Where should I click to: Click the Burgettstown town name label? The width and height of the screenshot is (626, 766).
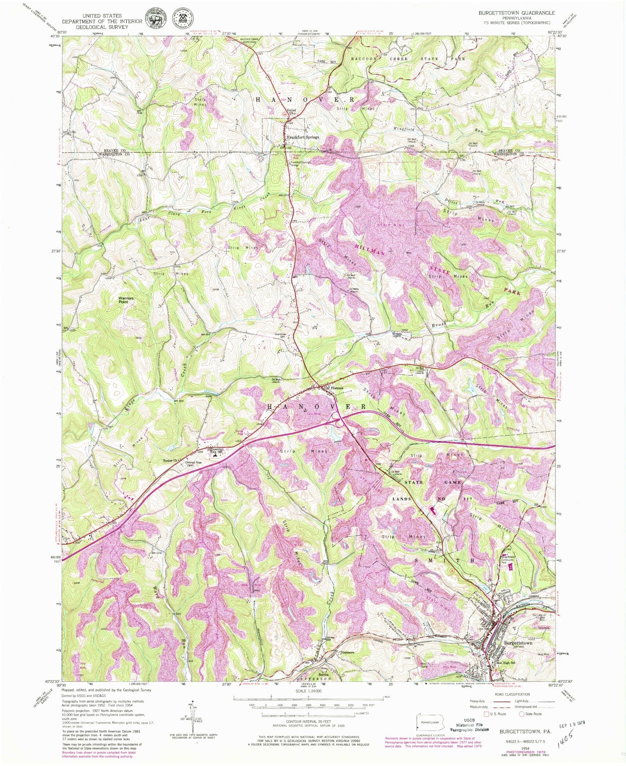click(x=518, y=643)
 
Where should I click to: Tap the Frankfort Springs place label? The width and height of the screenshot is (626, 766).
click(x=303, y=137)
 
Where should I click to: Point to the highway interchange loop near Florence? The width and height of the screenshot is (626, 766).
click(x=335, y=417)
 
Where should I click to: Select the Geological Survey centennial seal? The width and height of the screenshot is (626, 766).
click(x=183, y=18)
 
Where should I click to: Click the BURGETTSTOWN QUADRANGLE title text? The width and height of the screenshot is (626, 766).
click(x=516, y=13)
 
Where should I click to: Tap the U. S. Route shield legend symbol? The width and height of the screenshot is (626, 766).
click(x=486, y=714)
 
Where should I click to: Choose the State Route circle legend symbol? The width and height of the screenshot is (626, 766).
click(x=522, y=714)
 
